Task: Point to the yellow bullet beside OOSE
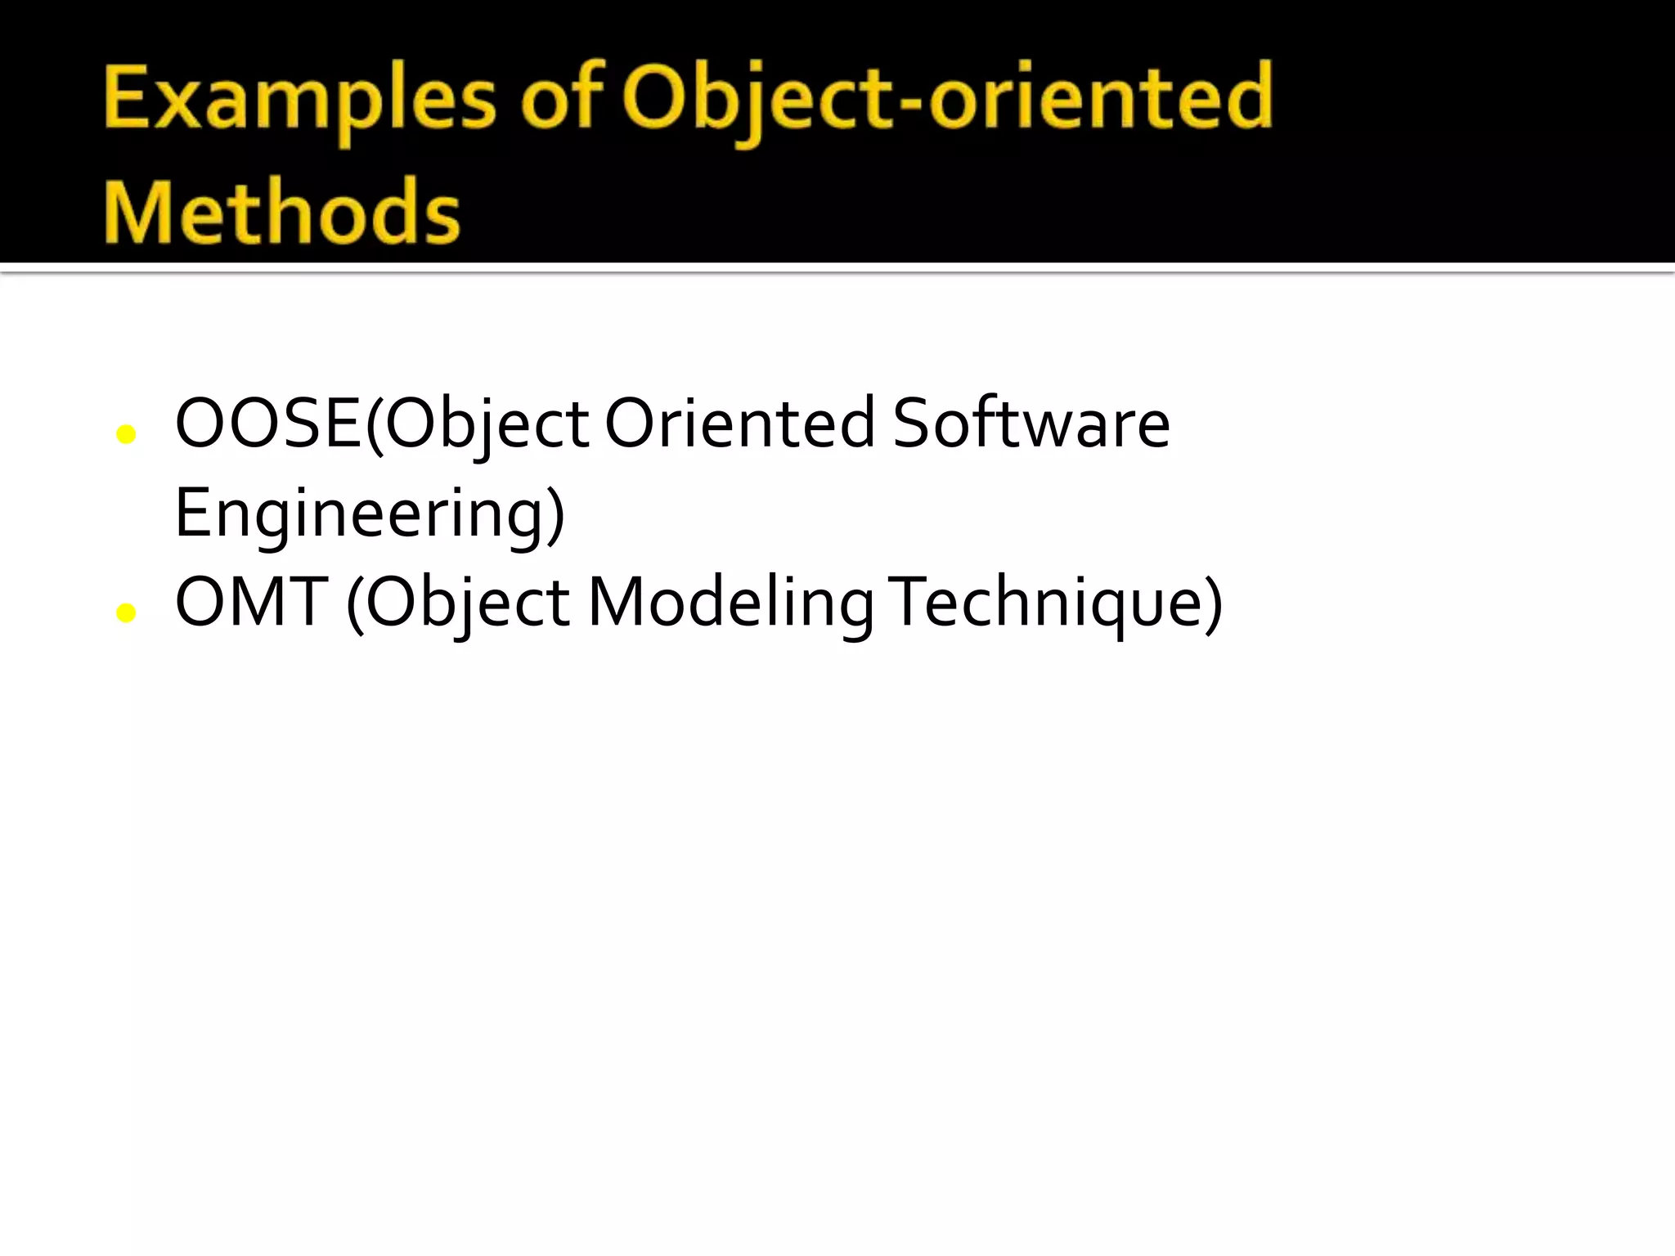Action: click(126, 434)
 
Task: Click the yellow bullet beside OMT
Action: click(126, 612)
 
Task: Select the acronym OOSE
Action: click(268, 424)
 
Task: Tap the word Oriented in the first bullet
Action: click(740, 424)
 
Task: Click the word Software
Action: click(1031, 424)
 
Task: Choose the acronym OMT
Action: click(252, 603)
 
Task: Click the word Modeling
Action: click(731, 603)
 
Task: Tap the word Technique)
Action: click(1055, 603)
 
